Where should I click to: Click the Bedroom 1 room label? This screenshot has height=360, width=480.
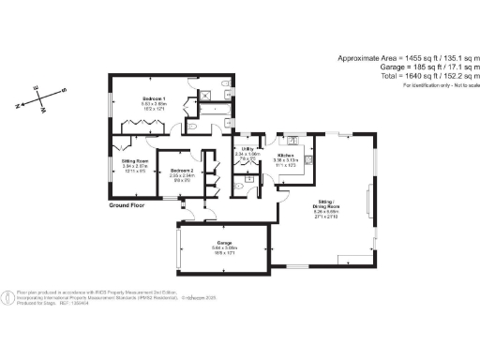point(154,98)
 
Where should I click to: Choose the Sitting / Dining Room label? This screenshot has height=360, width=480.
point(325,204)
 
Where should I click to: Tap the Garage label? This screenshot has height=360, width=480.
point(222,242)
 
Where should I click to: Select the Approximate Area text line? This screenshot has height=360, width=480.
point(408,58)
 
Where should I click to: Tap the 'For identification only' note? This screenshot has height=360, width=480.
point(441,85)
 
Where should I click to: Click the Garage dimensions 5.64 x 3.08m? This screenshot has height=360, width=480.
point(222,248)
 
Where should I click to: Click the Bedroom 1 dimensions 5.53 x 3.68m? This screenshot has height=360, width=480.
point(154,104)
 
